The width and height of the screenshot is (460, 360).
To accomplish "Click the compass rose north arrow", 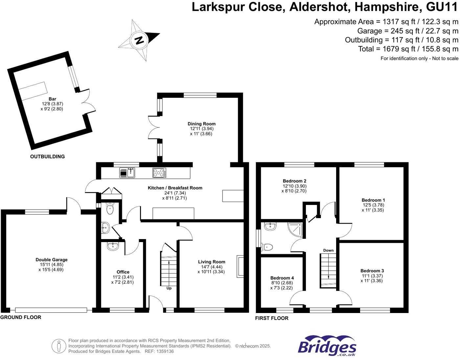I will pyautogui.click(x=139, y=40).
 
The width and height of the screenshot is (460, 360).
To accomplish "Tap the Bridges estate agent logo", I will pyautogui.click(x=327, y=346).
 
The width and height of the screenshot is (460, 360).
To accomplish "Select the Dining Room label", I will pyautogui.click(x=201, y=124).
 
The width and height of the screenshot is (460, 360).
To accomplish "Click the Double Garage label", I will pyautogui.click(x=52, y=259).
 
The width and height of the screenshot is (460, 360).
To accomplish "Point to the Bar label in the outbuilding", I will pyautogui.click(x=52, y=99).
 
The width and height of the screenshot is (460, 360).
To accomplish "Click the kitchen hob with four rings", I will pyautogui.click(x=159, y=173).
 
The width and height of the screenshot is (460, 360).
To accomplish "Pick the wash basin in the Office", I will pyautogui.click(x=113, y=246).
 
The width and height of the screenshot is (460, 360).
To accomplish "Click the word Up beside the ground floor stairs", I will pyautogui.click(x=169, y=288).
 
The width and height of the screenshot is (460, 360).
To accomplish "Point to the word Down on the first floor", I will pyautogui.click(x=328, y=250).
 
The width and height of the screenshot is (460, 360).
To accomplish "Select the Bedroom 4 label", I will pyautogui.click(x=282, y=278).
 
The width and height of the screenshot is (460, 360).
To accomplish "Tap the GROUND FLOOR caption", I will pyautogui.click(x=21, y=317).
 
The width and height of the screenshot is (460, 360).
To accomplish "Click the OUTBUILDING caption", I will pyautogui.click(x=47, y=157).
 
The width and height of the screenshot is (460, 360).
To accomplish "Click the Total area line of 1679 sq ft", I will pyautogui.click(x=408, y=49).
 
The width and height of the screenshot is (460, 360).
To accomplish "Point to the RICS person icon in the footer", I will pyautogui.click(x=59, y=346).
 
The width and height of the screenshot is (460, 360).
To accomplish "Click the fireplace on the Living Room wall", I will pyautogui.click(x=241, y=266).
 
